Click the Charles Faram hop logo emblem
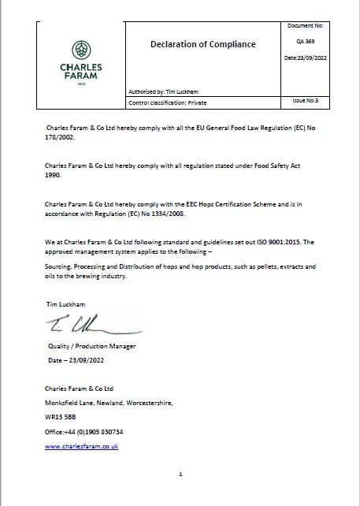point(80,49)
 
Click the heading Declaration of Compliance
point(202,44)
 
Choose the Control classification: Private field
point(171,103)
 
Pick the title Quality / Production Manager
point(92,346)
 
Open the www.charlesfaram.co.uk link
point(82,446)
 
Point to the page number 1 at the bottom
point(180,474)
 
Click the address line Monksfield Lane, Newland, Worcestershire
point(109,403)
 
